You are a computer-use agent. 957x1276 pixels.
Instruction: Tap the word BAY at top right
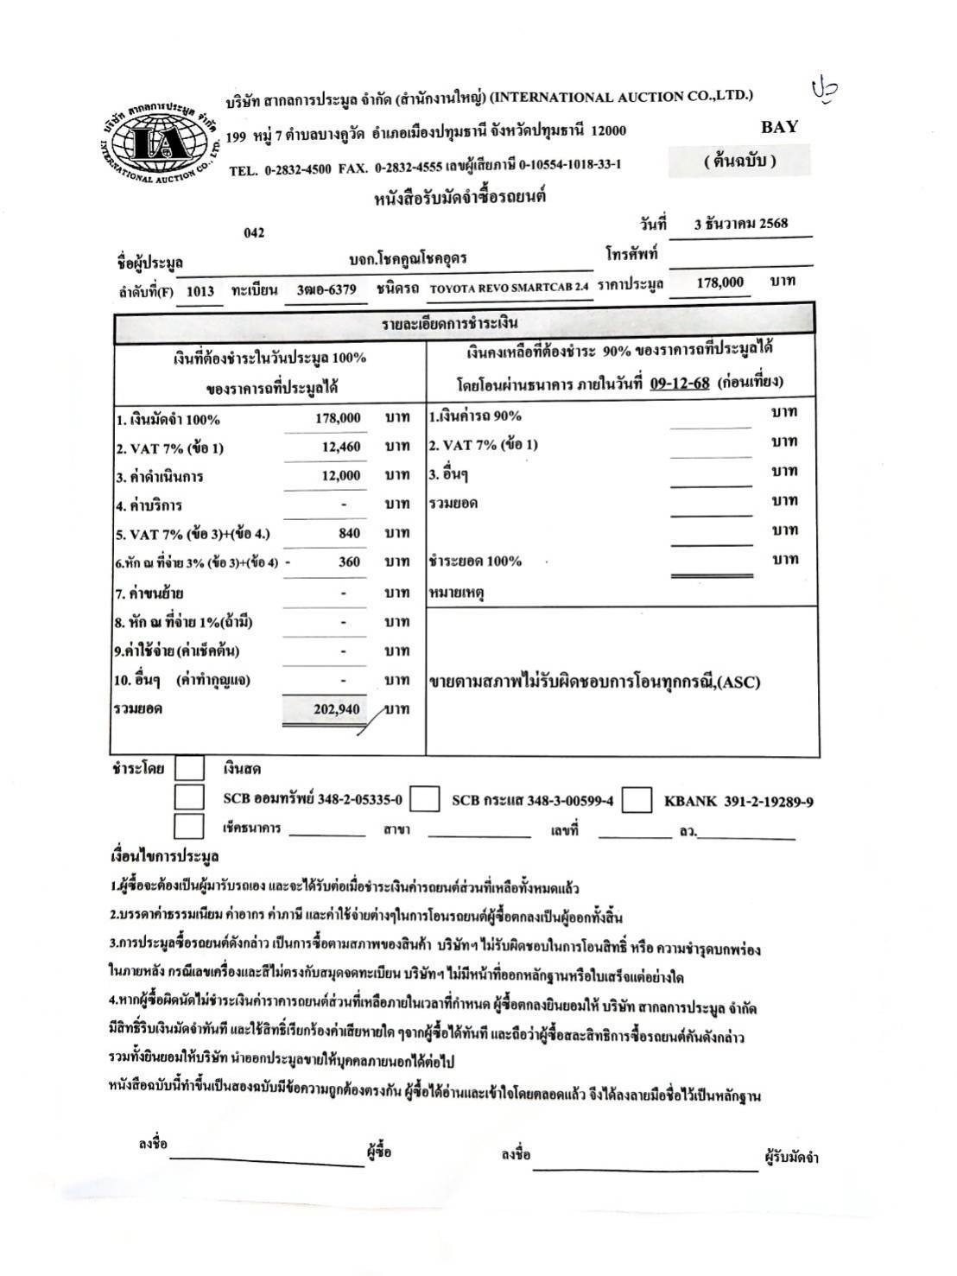point(779,127)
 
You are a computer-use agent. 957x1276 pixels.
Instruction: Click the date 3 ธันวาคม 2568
point(741,223)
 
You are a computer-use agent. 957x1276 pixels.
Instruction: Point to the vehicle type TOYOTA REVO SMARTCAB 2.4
point(507,289)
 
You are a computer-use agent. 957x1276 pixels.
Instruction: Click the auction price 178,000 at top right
point(719,282)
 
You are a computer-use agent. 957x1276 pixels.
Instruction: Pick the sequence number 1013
point(200,291)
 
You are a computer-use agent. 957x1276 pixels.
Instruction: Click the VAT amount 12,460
point(339,447)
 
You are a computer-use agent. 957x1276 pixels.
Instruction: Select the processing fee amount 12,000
point(339,476)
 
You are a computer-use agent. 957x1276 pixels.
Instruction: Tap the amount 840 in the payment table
point(349,533)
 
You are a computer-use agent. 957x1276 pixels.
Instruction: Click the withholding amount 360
point(349,562)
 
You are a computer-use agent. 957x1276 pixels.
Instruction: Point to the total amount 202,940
point(337,709)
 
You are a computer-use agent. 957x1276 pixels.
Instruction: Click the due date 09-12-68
point(680,382)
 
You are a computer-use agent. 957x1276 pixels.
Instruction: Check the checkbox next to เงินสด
point(189,768)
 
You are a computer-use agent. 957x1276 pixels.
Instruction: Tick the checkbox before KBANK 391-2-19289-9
point(637,800)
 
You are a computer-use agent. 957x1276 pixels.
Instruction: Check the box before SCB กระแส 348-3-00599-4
point(424,800)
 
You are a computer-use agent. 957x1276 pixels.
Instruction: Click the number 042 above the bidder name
point(254,232)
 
